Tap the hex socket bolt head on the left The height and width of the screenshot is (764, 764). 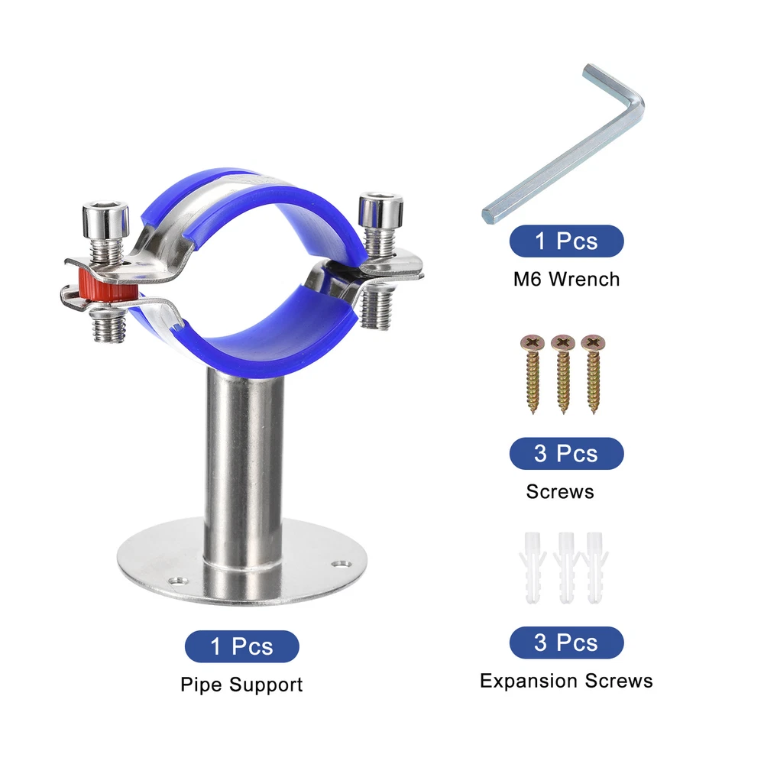coord(105,220)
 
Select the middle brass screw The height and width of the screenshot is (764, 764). coord(563,374)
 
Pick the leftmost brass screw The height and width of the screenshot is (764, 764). coord(533,374)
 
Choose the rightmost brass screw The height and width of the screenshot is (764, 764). coord(594,374)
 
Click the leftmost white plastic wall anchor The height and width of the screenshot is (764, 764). coord(533,568)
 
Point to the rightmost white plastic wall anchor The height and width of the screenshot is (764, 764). coord(595,568)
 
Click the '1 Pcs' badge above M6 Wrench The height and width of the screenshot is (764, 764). coord(567,241)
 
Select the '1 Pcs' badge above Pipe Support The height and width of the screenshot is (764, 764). coord(241,646)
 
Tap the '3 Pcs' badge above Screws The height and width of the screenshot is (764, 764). coord(567,454)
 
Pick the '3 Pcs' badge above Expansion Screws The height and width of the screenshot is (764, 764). coord(567,643)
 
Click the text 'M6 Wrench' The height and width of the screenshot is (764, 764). coord(567,279)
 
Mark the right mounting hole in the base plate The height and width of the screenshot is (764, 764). coord(342,564)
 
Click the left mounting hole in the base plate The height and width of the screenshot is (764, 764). coord(178,581)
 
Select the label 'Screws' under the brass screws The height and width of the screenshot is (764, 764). coord(560,491)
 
